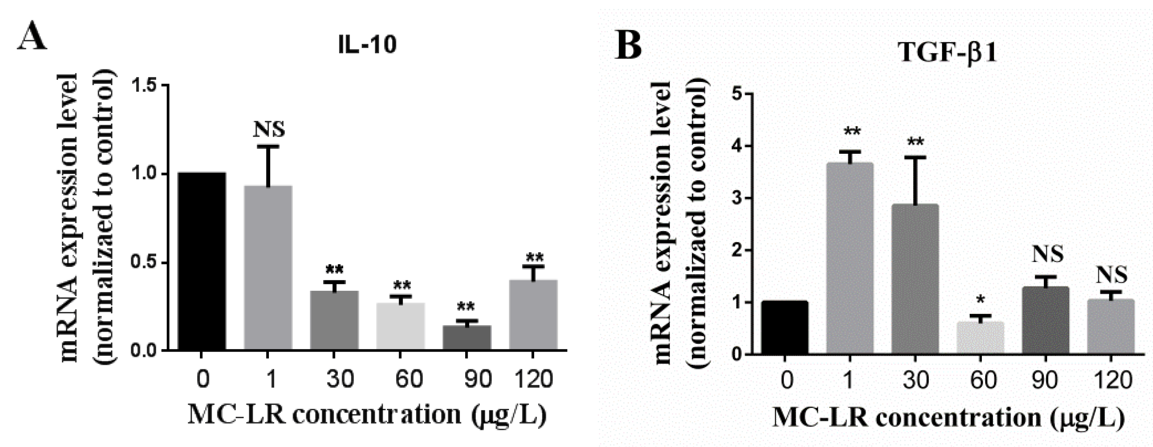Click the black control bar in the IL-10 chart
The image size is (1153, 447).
coord(202,261)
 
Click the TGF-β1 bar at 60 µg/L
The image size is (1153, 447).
coord(980,338)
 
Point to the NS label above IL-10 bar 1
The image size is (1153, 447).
coord(269,129)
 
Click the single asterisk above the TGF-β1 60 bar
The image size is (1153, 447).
coord(980,300)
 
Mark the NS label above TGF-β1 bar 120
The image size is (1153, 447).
coord(1111,275)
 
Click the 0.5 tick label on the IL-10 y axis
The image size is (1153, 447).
coord(146,263)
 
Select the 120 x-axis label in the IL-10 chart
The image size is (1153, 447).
coord(532,379)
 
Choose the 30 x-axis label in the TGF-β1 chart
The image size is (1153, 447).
coord(914,380)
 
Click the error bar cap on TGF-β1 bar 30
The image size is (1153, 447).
coord(914,157)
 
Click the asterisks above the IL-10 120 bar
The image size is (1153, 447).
coord(535,258)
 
